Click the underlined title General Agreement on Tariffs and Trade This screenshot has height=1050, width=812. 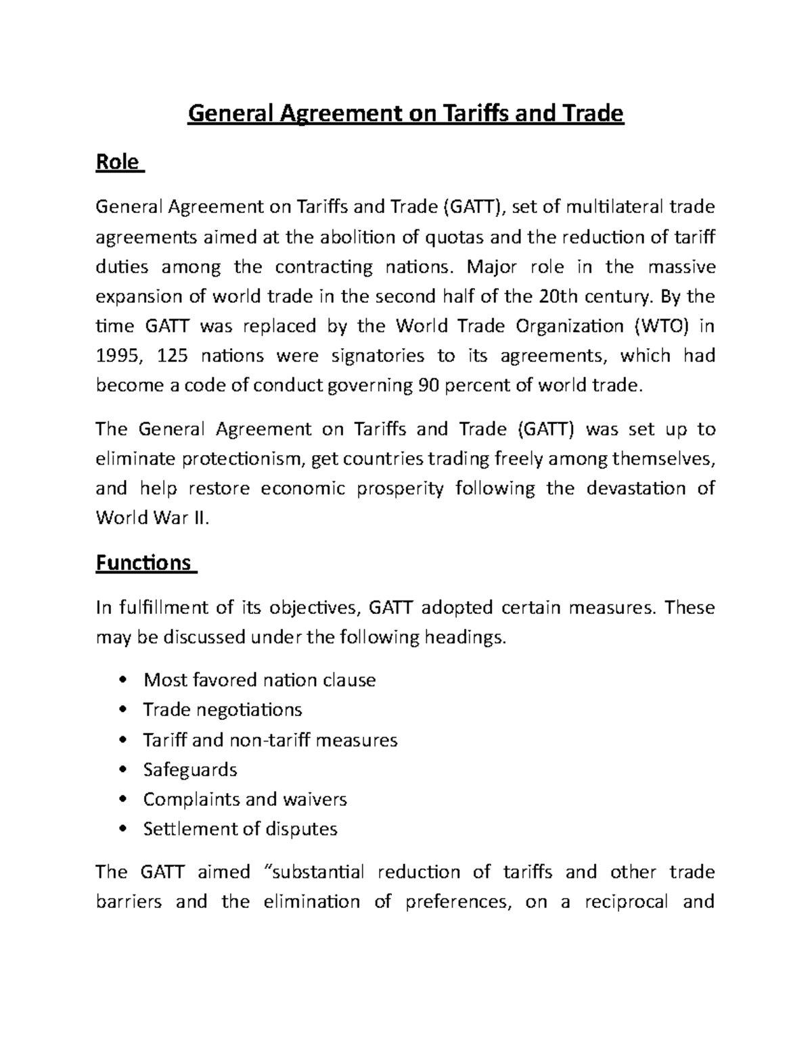pos(405,114)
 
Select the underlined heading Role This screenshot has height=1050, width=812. pos(118,163)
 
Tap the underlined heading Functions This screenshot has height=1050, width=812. pos(143,563)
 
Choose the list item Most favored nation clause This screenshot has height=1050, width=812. pos(259,679)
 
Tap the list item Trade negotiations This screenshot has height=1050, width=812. pos(223,709)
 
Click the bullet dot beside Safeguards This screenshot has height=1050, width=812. pos(122,769)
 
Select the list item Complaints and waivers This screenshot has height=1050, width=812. pos(245,799)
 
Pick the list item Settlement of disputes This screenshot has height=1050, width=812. pos(240,829)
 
